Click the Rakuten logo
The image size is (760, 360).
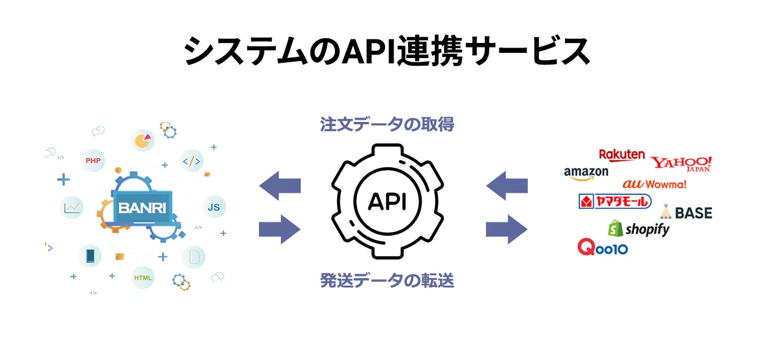click(622, 154)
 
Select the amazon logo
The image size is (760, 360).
click(586, 172)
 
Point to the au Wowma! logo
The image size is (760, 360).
click(654, 184)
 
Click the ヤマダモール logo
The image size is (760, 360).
click(615, 201)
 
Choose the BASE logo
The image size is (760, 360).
click(686, 213)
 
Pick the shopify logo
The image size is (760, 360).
click(639, 229)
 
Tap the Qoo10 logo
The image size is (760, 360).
click(603, 248)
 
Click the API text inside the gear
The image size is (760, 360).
click(387, 201)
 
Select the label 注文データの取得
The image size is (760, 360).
click(387, 124)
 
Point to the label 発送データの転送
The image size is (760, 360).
click(387, 281)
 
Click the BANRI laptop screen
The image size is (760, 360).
click(143, 207)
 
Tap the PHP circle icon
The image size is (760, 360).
click(93, 160)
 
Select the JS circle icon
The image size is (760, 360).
click(214, 207)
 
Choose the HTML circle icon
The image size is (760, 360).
click(143, 278)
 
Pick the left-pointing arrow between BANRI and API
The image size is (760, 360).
click(280, 186)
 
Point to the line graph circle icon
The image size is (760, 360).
click(73, 207)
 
